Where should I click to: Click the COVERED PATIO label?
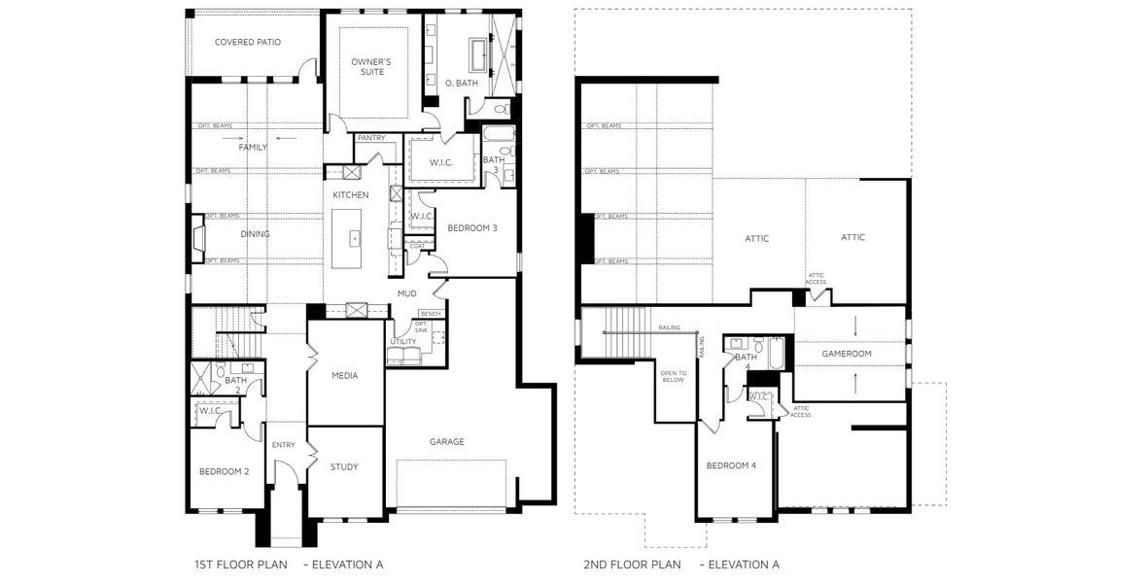point(249,42)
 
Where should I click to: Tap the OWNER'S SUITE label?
point(371,66)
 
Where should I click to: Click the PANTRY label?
point(371,138)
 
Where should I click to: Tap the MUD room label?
point(406,291)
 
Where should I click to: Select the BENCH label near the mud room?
point(431,314)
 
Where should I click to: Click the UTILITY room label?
point(403,342)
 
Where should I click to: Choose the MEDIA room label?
point(345,374)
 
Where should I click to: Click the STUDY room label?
point(344,466)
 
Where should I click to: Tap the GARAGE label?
point(447,441)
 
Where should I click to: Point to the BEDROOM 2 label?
point(225,471)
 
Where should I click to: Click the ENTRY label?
point(284,445)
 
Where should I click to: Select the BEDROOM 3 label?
point(472,227)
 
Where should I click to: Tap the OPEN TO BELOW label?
point(674,377)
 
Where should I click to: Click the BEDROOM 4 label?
point(731,465)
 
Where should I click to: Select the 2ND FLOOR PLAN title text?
point(632,565)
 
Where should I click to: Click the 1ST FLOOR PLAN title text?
point(241,565)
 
